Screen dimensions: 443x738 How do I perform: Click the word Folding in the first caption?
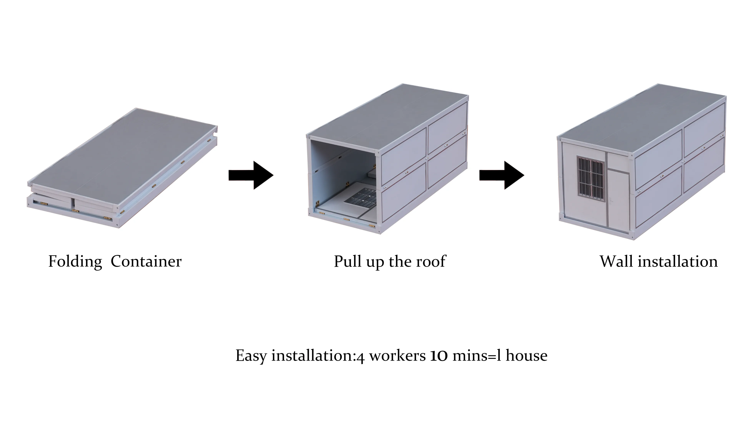pyautogui.click(x=75, y=261)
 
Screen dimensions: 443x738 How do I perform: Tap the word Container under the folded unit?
pyautogui.click(x=146, y=261)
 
